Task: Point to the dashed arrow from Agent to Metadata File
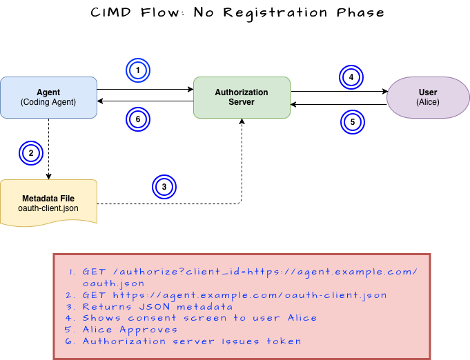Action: pyautogui.click(x=48, y=149)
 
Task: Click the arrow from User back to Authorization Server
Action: pyautogui.click(x=339, y=105)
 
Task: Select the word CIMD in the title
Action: pyautogui.click(x=111, y=12)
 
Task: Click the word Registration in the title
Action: pyautogui.click(x=275, y=14)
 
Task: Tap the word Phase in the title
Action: pyautogui.click(x=360, y=12)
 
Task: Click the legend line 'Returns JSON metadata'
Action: pyautogui.click(x=157, y=307)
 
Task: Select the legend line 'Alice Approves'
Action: pyautogui.click(x=130, y=330)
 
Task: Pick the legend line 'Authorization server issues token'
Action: pyautogui.click(x=192, y=341)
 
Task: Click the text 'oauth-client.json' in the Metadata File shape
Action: pyautogui.click(x=48, y=208)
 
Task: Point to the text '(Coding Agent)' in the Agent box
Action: pyautogui.click(x=48, y=102)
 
